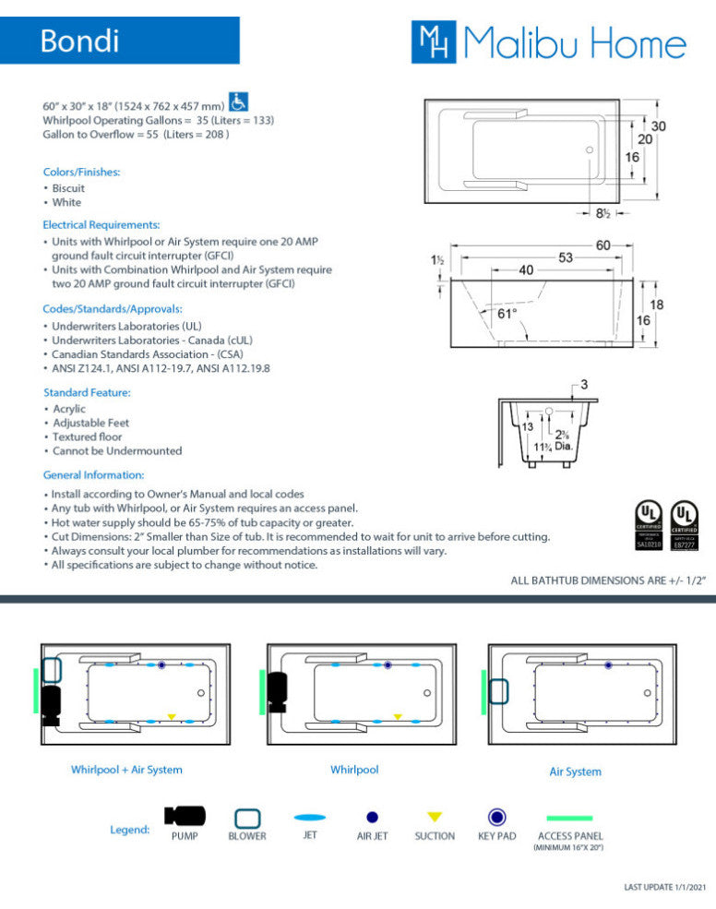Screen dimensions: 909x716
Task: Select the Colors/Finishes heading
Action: [x=82, y=172]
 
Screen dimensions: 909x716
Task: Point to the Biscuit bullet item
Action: [x=68, y=187]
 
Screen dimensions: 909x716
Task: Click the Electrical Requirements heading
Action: [x=101, y=224]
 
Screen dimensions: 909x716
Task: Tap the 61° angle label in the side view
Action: [x=507, y=314]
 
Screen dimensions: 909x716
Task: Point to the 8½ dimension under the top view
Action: [x=603, y=213]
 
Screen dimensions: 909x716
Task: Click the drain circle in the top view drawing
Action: [x=588, y=146]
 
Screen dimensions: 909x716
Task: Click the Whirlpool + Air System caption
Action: [x=126, y=770]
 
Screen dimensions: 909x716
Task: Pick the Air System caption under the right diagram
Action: [x=575, y=771]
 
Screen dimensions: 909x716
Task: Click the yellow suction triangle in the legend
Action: [x=435, y=817]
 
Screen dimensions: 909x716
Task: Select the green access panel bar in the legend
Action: [x=568, y=818]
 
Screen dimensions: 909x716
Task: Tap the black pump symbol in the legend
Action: [x=185, y=816]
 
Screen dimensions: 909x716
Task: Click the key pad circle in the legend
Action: [x=497, y=817]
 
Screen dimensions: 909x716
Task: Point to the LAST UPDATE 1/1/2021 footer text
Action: [x=664, y=887]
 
